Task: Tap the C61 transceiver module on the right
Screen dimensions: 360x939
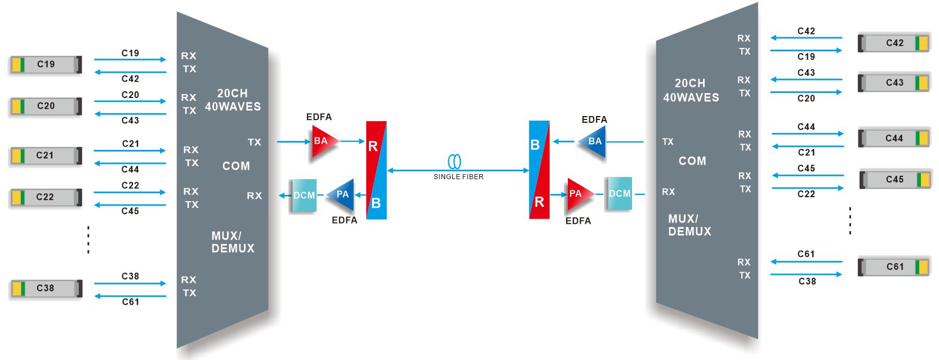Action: [895, 266]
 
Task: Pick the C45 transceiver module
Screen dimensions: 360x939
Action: [895, 180]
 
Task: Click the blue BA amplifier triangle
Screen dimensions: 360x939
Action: [593, 142]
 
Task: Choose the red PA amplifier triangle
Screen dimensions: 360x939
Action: [578, 194]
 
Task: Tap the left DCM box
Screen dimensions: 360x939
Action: [303, 195]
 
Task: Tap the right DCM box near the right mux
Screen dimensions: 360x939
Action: [619, 194]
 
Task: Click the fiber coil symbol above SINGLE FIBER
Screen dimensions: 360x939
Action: [455, 162]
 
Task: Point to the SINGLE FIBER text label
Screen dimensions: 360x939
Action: [458, 176]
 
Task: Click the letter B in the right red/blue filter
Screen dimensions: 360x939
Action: [535, 145]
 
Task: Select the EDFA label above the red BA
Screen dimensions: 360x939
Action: [319, 117]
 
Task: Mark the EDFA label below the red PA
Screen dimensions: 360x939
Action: [578, 221]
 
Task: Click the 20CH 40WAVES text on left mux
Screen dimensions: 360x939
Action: [233, 100]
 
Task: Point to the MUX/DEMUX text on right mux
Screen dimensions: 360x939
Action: [689, 225]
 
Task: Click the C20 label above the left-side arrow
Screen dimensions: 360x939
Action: [130, 95]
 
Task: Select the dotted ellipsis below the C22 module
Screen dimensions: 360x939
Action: [88, 239]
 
